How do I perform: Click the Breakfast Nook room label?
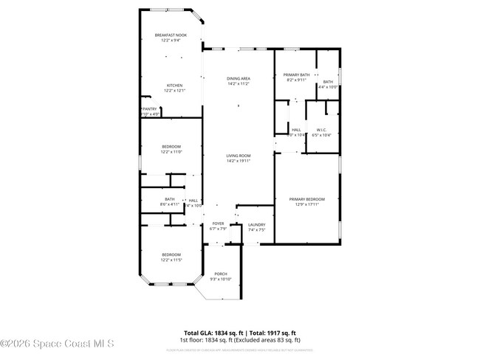click(x=171, y=35)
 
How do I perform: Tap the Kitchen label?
click(x=174, y=85)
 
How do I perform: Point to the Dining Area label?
click(x=239, y=78)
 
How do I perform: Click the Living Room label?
click(x=239, y=155)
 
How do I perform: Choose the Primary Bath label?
click(x=296, y=75)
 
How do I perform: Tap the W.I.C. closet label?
click(x=322, y=130)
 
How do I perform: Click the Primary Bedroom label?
click(x=306, y=199)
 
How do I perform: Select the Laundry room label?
click(x=256, y=224)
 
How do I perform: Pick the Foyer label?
click(x=218, y=224)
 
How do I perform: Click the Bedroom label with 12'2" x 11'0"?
click(x=171, y=147)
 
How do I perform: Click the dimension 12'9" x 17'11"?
click(x=306, y=205)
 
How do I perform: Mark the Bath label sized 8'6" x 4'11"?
click(x=170, y=198)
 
